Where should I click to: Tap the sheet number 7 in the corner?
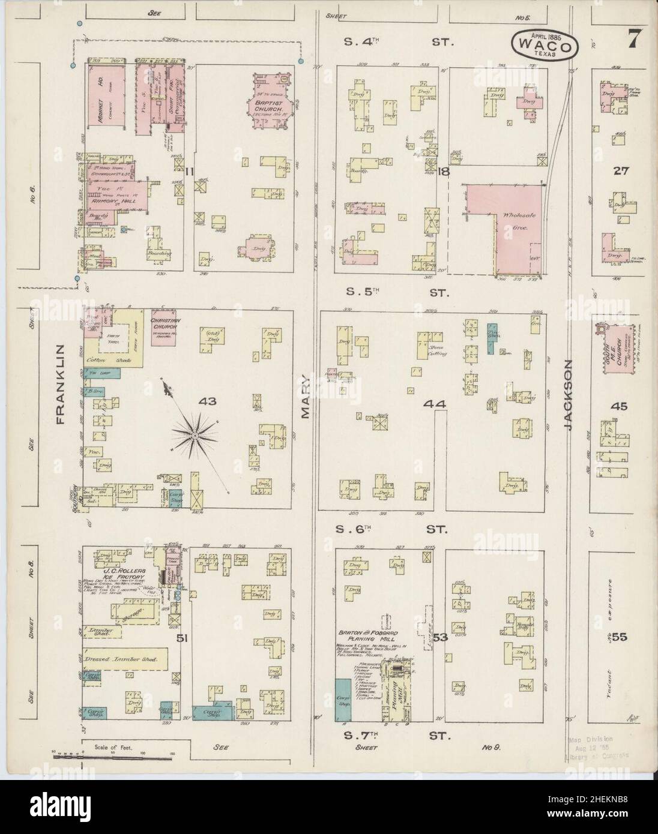click(633, 40)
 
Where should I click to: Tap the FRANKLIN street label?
click(60, 385)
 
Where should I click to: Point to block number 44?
click(435, 404)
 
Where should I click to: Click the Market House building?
click(102, 100)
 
